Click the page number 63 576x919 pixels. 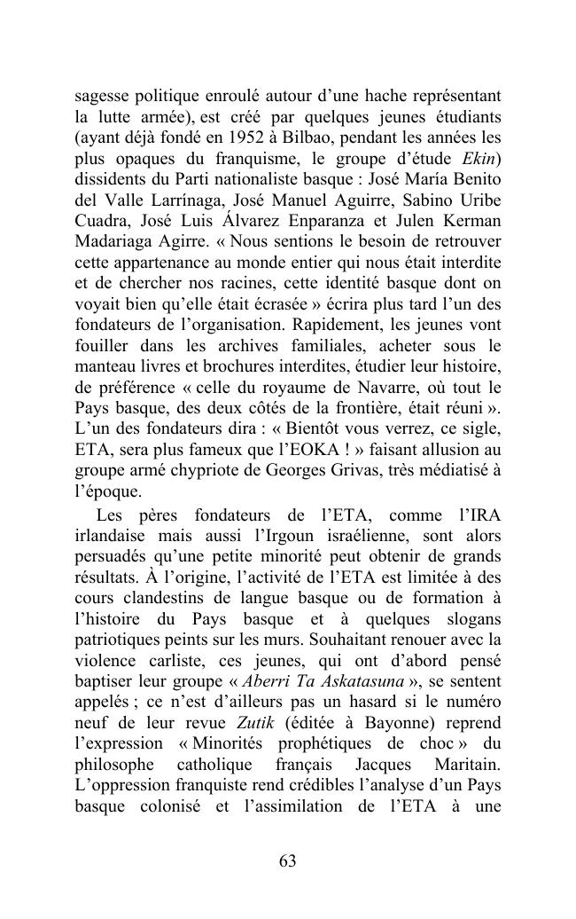click(287, 861)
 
